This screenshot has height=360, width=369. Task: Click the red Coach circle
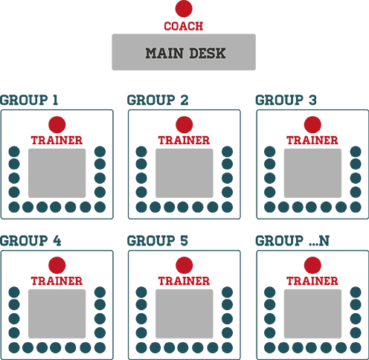[x=184, y=9]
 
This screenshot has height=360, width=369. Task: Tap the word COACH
[x=184, y=26]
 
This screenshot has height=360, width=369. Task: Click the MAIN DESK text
[x=185, y=54]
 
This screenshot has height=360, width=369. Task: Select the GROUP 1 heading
[x=29, y=100]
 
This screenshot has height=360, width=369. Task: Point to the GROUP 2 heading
[x=158, y=100]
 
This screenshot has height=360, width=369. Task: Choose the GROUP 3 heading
[x=286, y=100]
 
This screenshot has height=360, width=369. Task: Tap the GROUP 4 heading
[x=31, y=241]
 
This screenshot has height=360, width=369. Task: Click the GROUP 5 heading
[x=158, y=241]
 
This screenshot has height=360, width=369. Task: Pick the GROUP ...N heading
[x=292, y=241]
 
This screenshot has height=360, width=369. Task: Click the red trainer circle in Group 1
[x=57, y=125]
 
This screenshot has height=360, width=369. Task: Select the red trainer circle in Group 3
[x=312, y=125]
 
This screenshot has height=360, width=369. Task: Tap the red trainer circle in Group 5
[x=184, y=266]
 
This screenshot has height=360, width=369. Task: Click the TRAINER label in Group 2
[x=184, y=141]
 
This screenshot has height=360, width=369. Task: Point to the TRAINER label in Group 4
[x=57, y=281]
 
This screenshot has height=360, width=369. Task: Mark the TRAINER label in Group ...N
[x=312, y=281]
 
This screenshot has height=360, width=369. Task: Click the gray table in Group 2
[x=184, y=173]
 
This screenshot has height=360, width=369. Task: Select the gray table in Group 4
[x=57, y=314]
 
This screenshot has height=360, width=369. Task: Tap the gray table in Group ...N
[x=312, y=314]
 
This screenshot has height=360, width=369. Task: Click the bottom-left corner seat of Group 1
[x=14, y=207]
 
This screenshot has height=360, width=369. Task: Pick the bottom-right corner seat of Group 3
[x=356, y=207]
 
